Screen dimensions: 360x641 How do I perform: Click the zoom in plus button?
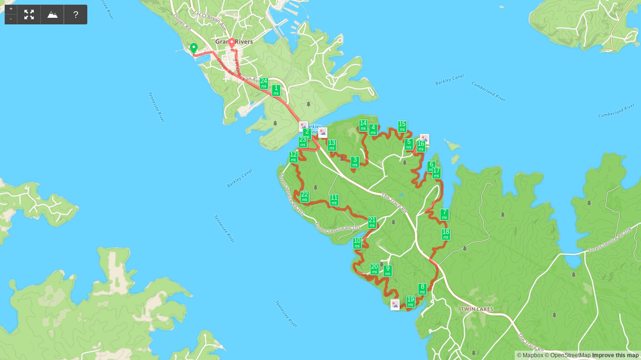click(11, 9)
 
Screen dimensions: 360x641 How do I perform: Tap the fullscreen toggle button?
click(29, 14)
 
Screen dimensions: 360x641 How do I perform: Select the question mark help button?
click(76, 14)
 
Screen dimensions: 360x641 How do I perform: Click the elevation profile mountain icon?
click(53, 14)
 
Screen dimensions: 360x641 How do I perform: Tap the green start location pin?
click(194, 48)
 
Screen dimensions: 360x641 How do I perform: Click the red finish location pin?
click(231, 44)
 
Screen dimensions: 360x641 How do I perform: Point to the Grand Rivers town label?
click(234, 42)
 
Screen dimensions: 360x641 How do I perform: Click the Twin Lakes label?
click(477, 309)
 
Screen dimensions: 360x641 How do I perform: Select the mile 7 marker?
click(444, 214)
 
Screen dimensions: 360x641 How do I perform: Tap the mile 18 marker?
click(445, 234)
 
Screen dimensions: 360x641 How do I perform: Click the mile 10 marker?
click(357, 243)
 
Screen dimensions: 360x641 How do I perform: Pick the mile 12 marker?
click(293, 156)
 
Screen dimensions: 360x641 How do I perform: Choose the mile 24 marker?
click(263, 83)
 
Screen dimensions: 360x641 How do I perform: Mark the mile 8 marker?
click(422, 289)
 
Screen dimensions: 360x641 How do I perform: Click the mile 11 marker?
click(334, 200)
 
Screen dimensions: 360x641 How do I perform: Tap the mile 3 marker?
click(354, 161)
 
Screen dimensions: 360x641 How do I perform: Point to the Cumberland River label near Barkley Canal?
click(489, 92)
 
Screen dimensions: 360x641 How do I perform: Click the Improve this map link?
click(615, 356)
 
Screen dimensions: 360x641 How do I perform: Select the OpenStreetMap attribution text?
click(567, 356)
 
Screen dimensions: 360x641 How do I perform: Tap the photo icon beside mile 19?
click(395, 304)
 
